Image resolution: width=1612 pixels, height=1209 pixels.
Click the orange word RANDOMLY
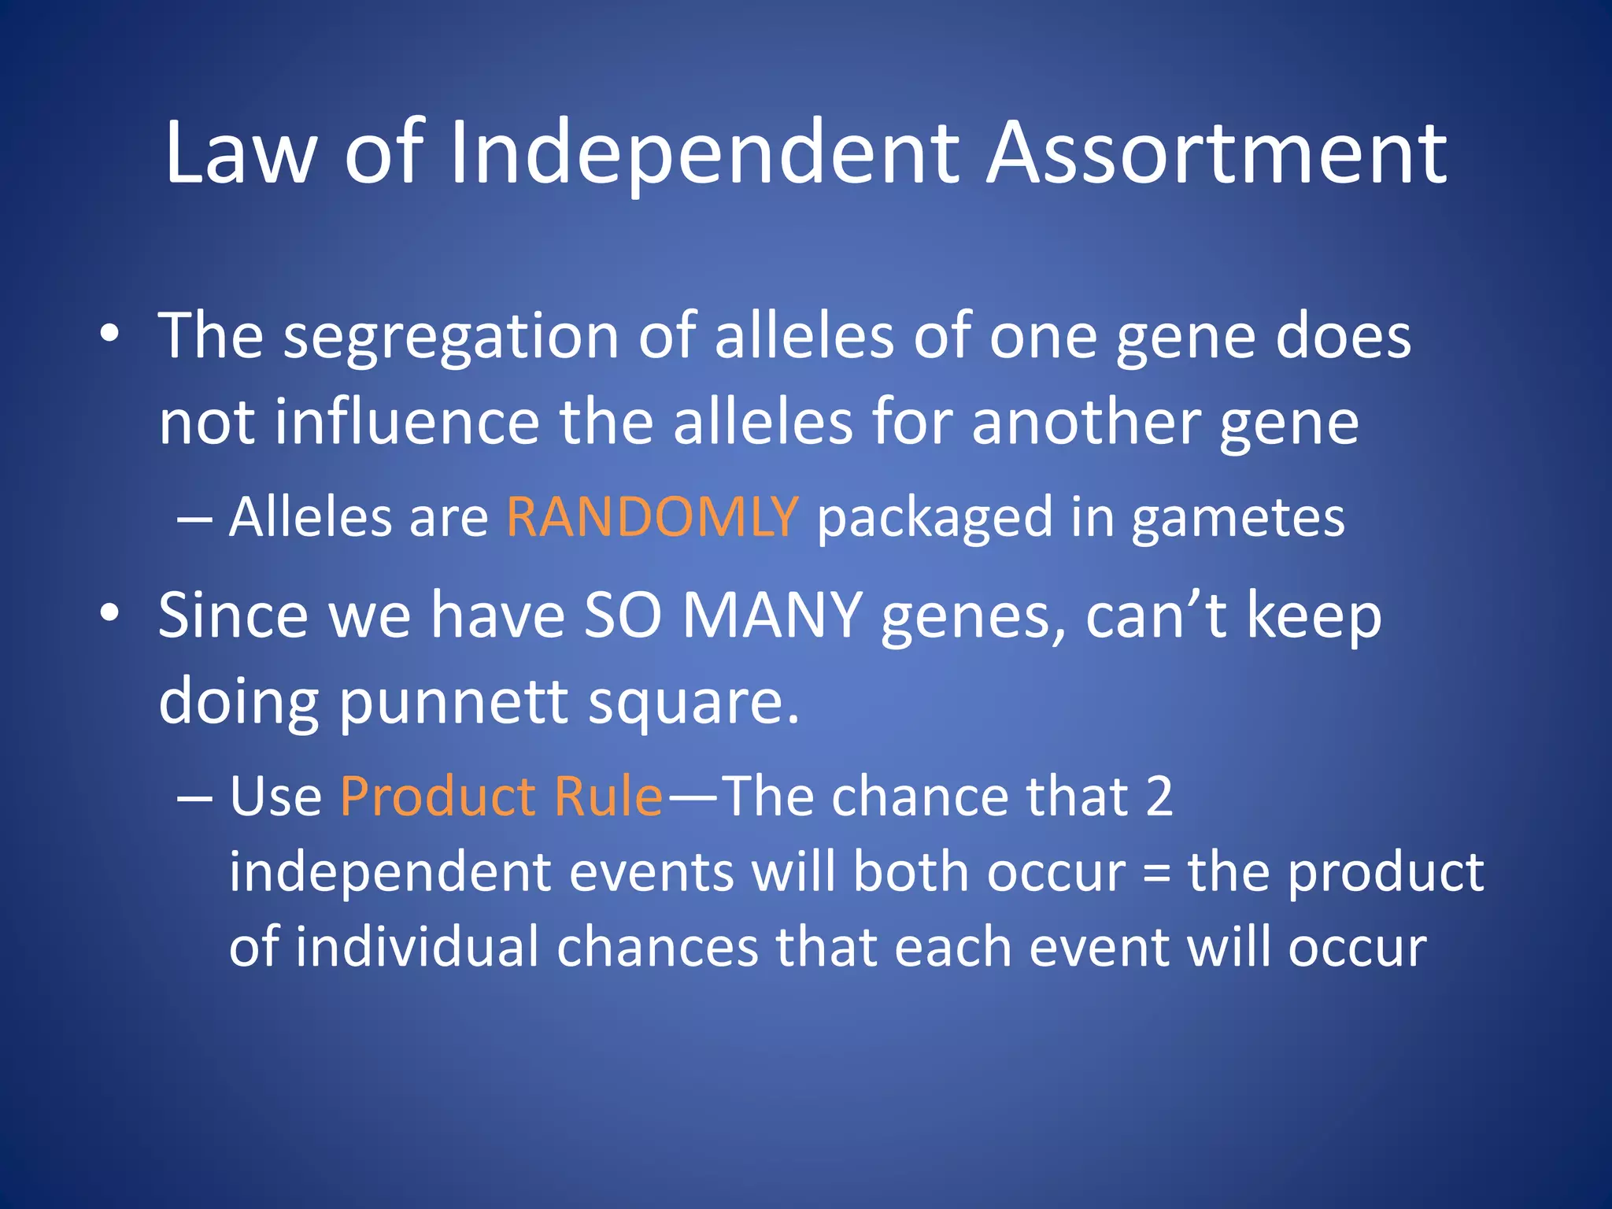click(x=653, y=518)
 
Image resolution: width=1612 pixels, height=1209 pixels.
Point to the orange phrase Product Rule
click(x=502, y=797)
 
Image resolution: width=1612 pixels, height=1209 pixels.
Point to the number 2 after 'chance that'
click(x=1159, y=797)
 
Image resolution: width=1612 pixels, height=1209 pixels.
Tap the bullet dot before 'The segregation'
click(x=109, y=335)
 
